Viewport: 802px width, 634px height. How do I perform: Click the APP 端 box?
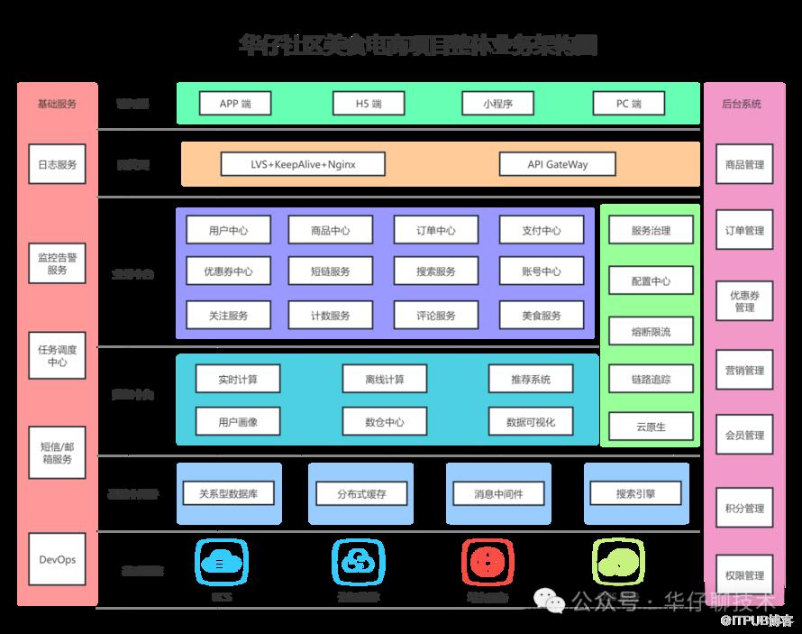pos(234,104)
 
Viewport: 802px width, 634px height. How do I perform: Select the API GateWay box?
pos(557,164)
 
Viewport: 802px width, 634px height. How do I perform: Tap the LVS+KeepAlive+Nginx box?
pos(303,164)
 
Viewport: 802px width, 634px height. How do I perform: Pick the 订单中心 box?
pos(436,230)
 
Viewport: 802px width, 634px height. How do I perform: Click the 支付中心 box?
pos(541,230)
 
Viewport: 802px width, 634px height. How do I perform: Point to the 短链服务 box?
pos(331,271)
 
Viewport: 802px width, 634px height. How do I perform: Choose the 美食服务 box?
pos(541,315)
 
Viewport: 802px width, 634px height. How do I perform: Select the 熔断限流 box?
pos(651,331)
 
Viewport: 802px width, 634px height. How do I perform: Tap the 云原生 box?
pos(651,427)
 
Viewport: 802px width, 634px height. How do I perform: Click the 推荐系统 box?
pos(530,379)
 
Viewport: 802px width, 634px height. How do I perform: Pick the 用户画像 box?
pos(238,421)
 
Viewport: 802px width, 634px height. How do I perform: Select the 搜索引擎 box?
pos(635,493)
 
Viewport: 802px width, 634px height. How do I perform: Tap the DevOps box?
pos(58,559)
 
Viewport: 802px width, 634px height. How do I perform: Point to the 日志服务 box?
pos(58,165)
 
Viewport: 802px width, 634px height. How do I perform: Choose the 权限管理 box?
pos(744,575)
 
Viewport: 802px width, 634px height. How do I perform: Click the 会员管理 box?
pos(744,435)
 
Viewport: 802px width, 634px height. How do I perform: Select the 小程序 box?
pos(497,104)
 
